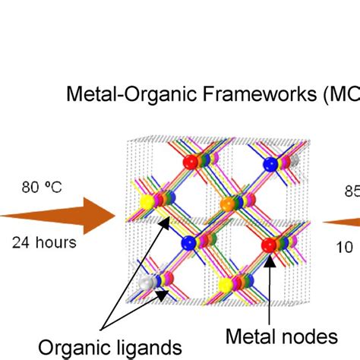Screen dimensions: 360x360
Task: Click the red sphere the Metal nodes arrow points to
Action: point(269,245)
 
